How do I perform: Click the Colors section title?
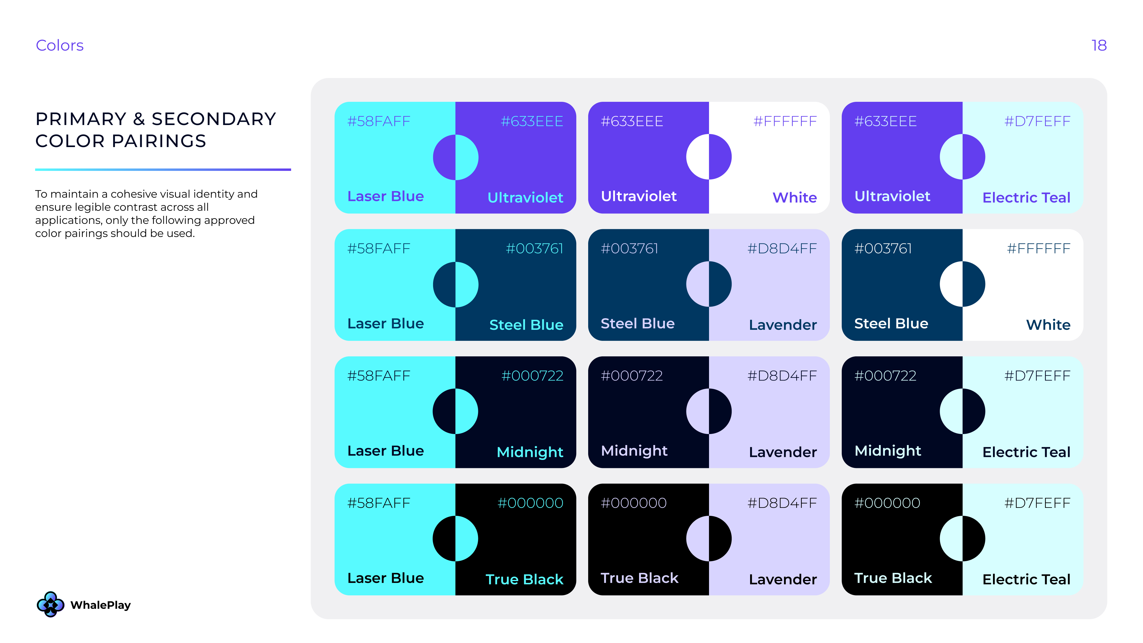click(60, 45)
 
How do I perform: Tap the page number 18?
click(1099, 45)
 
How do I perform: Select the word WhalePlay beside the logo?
click(100, 605)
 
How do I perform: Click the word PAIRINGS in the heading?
click(159, 141)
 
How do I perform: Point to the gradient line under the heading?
click(163, 169)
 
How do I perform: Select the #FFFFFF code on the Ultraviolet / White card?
click(785, 121)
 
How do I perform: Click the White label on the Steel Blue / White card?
click(1048, 324)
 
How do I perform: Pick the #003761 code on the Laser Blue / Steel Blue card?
click(534, 249)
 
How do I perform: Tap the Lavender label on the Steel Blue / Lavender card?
click(783, 324)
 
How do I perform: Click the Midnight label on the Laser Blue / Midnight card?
click(530, 452)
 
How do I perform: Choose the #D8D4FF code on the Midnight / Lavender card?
click(782, 376)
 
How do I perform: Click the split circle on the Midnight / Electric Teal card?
click(962, 411)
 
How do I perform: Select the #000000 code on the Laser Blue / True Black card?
click(530, 503)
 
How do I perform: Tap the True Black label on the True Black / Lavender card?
click(639, 578)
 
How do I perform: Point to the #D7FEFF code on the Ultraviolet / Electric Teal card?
click(1037, 121)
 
